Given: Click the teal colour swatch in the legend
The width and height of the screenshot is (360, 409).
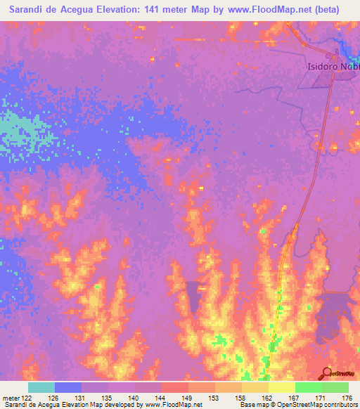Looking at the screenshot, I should coord(41,387).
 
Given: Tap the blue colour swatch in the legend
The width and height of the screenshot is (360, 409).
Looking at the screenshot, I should coord(67,387).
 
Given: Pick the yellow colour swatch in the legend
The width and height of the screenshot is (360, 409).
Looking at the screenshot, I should coord(282,387).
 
